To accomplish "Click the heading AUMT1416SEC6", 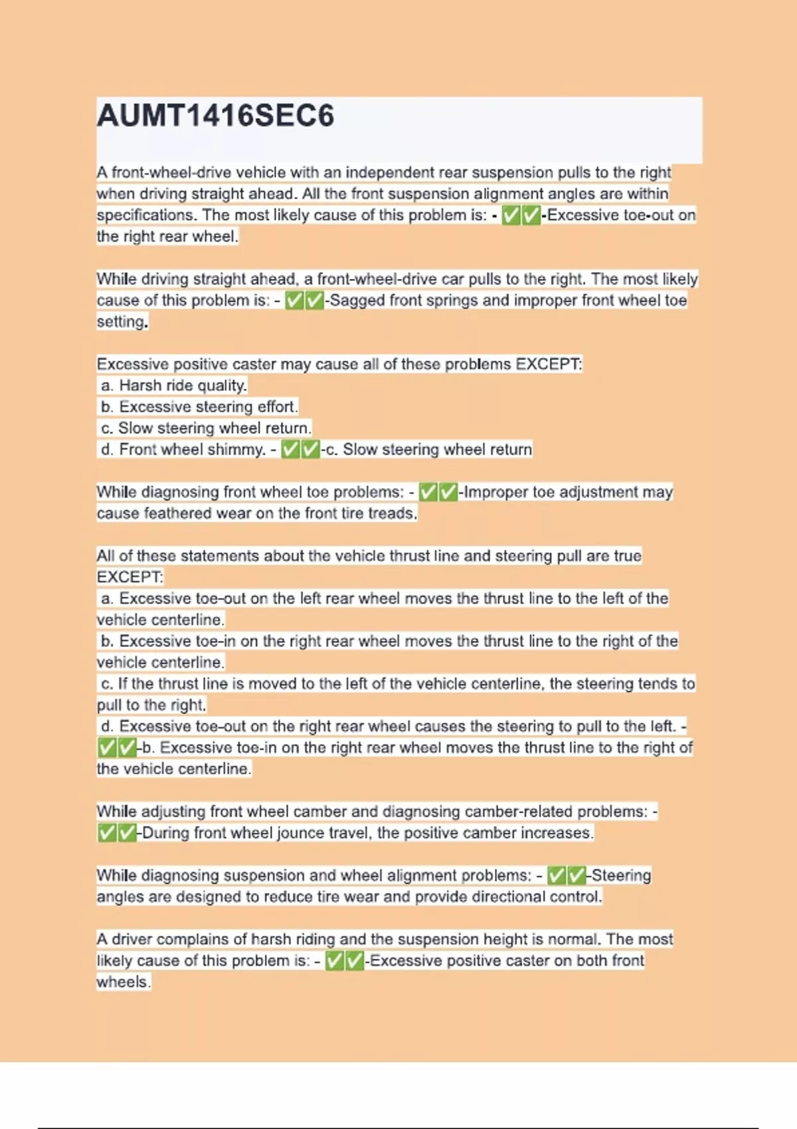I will coord(215,116).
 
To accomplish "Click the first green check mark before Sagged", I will coord(294,301).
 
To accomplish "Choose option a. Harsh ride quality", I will coord(174,385).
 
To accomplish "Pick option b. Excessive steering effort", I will coord(199,406).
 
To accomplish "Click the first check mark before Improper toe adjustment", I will coord(428,492).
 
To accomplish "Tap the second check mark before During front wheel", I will coord(127,833).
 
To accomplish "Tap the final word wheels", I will coord(123,982).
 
